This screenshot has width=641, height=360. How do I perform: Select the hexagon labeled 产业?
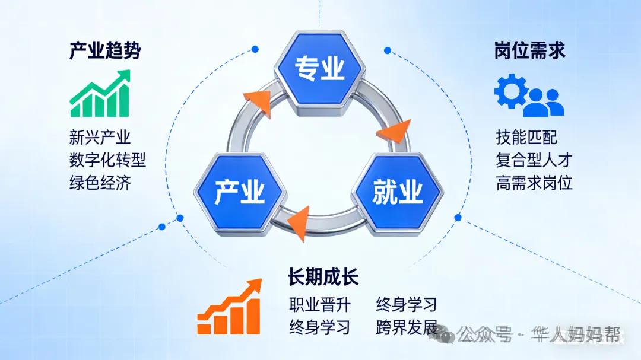click(240, 192)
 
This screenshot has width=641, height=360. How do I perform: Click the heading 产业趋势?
click(105, 51)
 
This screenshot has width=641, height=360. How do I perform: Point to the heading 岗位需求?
click(529, 51)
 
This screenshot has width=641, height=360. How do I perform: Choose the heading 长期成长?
click(323, 277)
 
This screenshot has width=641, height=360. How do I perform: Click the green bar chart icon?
click(100, 94)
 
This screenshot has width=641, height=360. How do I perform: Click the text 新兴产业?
click(100, 138)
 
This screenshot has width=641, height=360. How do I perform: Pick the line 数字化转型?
click(107, 160)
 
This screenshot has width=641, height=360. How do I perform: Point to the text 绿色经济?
click(100, 182)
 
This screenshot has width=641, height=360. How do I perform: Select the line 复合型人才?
click(534, 160)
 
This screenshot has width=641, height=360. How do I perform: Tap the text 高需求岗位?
click(534, 183)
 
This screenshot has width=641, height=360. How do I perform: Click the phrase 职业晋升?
click(320, 305)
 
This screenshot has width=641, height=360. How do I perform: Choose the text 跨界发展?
click(407, 327)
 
